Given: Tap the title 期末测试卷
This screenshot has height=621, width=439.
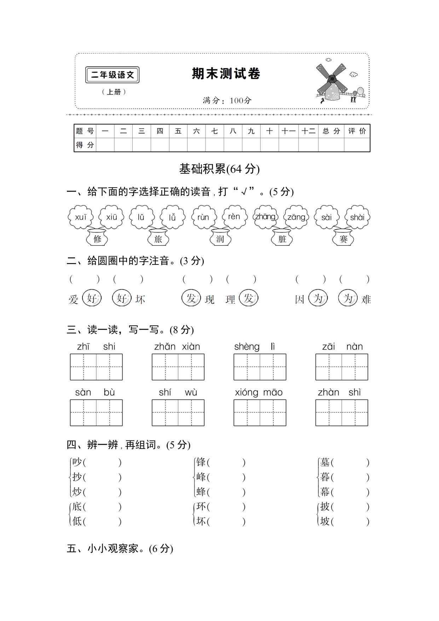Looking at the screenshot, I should (226, 74).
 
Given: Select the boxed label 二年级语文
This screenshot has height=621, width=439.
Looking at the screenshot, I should (112, 75).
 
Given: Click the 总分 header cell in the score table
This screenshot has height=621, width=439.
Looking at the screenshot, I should (331, 131).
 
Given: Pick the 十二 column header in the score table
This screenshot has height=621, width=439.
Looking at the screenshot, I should (308, 131).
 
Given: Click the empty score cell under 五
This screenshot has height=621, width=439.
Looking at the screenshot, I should (178, 145).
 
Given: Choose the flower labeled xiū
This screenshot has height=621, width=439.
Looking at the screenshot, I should (111, 217).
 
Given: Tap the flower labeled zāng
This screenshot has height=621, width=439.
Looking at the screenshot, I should (296, 217).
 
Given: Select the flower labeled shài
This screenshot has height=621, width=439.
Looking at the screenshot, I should (357, 217).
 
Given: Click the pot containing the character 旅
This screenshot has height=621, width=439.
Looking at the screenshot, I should (158, 238).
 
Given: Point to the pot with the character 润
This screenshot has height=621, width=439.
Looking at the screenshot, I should (220, 238).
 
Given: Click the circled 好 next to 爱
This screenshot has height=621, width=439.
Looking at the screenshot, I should (92, 298).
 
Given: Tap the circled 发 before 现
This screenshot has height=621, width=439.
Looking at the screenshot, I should (191, 298).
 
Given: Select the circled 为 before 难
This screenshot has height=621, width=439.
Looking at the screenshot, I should (348, 298).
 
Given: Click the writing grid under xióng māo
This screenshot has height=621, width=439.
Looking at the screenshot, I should (260, 412).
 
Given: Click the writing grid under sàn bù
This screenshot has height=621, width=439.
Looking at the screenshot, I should (96, 412).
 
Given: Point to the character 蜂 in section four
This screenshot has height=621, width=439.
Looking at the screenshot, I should (201, 492).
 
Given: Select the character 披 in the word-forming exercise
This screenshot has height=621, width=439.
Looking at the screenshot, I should (325, 507).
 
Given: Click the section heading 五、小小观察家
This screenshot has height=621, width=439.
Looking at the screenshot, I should (120, 548).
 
